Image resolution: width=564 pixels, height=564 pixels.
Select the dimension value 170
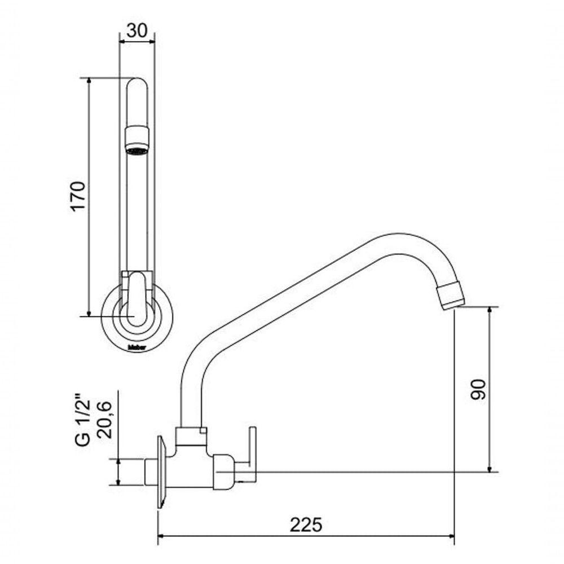pyautogui.click(x=77, y=196)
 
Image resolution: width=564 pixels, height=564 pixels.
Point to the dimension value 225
pyautogui.click(x=306, y=525)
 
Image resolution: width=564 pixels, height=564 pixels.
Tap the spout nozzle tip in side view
pyautogui.click(x=453, y=294)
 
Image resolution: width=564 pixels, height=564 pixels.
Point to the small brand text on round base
pyautogui.click(x=136, y=344)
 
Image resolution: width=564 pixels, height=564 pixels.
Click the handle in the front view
pyautogui.click(x=136, y=296)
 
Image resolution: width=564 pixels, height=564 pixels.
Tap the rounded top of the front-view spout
pyautogui.click(x=136, y=85)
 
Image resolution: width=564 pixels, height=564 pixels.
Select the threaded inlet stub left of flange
pyautogui.click(x=151, y=472)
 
